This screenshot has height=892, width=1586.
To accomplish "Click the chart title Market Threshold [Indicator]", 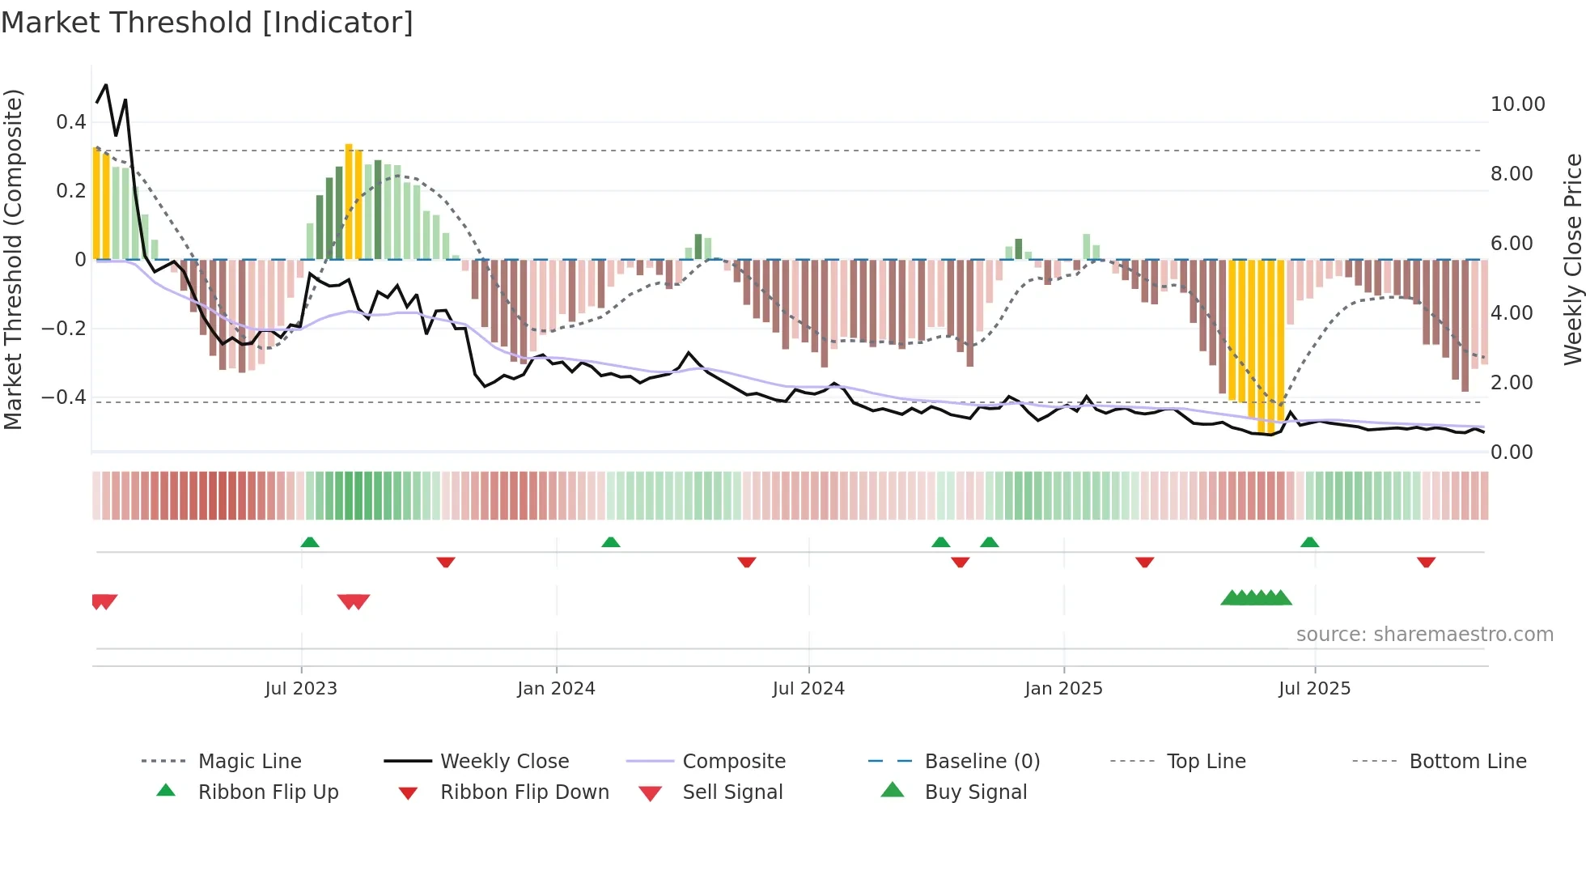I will [x=207, y=23].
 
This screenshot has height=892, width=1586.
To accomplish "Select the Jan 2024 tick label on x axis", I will [x=556, y=689].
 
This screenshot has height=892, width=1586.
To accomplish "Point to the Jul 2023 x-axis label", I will [x=301, y=689].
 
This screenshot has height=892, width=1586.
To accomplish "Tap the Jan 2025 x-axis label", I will [x=1063, y=689].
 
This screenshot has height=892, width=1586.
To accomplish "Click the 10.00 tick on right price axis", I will [x=1517, y=104].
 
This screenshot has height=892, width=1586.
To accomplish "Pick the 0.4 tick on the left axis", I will [x=71, y=122].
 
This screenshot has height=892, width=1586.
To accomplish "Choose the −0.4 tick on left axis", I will [x=64, y=397].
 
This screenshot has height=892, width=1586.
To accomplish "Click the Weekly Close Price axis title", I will [x=1572, y=259].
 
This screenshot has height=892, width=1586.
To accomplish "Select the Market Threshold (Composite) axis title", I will [x=13, y=259].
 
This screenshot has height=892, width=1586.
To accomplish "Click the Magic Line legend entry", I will [x=249, y=762].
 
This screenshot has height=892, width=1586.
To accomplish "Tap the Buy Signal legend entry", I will [x=975, y=792].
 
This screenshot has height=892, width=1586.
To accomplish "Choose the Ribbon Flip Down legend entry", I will [x=524, y=792].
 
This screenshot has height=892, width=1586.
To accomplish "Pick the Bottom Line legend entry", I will [x=1467, y=762].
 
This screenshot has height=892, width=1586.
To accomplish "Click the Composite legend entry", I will [x=733, y=762].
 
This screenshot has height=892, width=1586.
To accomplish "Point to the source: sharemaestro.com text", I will [x=1424, y=635].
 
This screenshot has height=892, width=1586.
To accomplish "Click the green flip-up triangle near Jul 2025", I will [x=1310, y=542].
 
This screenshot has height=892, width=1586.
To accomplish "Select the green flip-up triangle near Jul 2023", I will [x=310, y=542].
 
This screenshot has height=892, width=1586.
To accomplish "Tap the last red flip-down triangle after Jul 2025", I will [x=1426, y=562].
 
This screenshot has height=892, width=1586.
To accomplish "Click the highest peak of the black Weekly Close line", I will [x=106, y=85].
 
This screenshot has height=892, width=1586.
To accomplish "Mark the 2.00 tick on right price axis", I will [x=1512, y=383].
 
